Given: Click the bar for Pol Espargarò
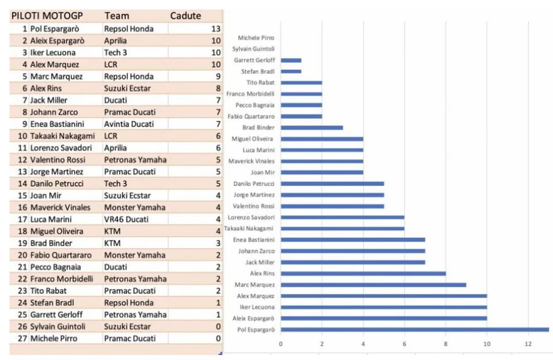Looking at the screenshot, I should click(415, 329).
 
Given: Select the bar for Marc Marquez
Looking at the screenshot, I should click(373, 284).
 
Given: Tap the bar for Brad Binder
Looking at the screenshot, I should click(312, 127).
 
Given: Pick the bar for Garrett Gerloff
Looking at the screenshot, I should click(291, 60).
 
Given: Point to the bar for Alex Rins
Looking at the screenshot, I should click(363, 273).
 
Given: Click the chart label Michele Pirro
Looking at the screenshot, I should click(256, 38).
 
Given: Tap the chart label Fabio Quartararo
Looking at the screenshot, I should click(252, 116).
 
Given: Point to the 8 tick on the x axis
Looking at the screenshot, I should click(446, 343).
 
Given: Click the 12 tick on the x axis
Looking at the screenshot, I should click(528, 343).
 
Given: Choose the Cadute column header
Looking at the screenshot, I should click(186, 16).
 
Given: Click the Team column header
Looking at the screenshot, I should click(117, 16).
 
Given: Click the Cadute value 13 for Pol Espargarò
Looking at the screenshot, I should click(215, 29).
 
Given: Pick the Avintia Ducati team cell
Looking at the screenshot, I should click(129, 124).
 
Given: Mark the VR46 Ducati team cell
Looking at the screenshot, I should click(125, 219).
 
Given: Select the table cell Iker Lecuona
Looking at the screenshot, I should click(53, 53).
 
